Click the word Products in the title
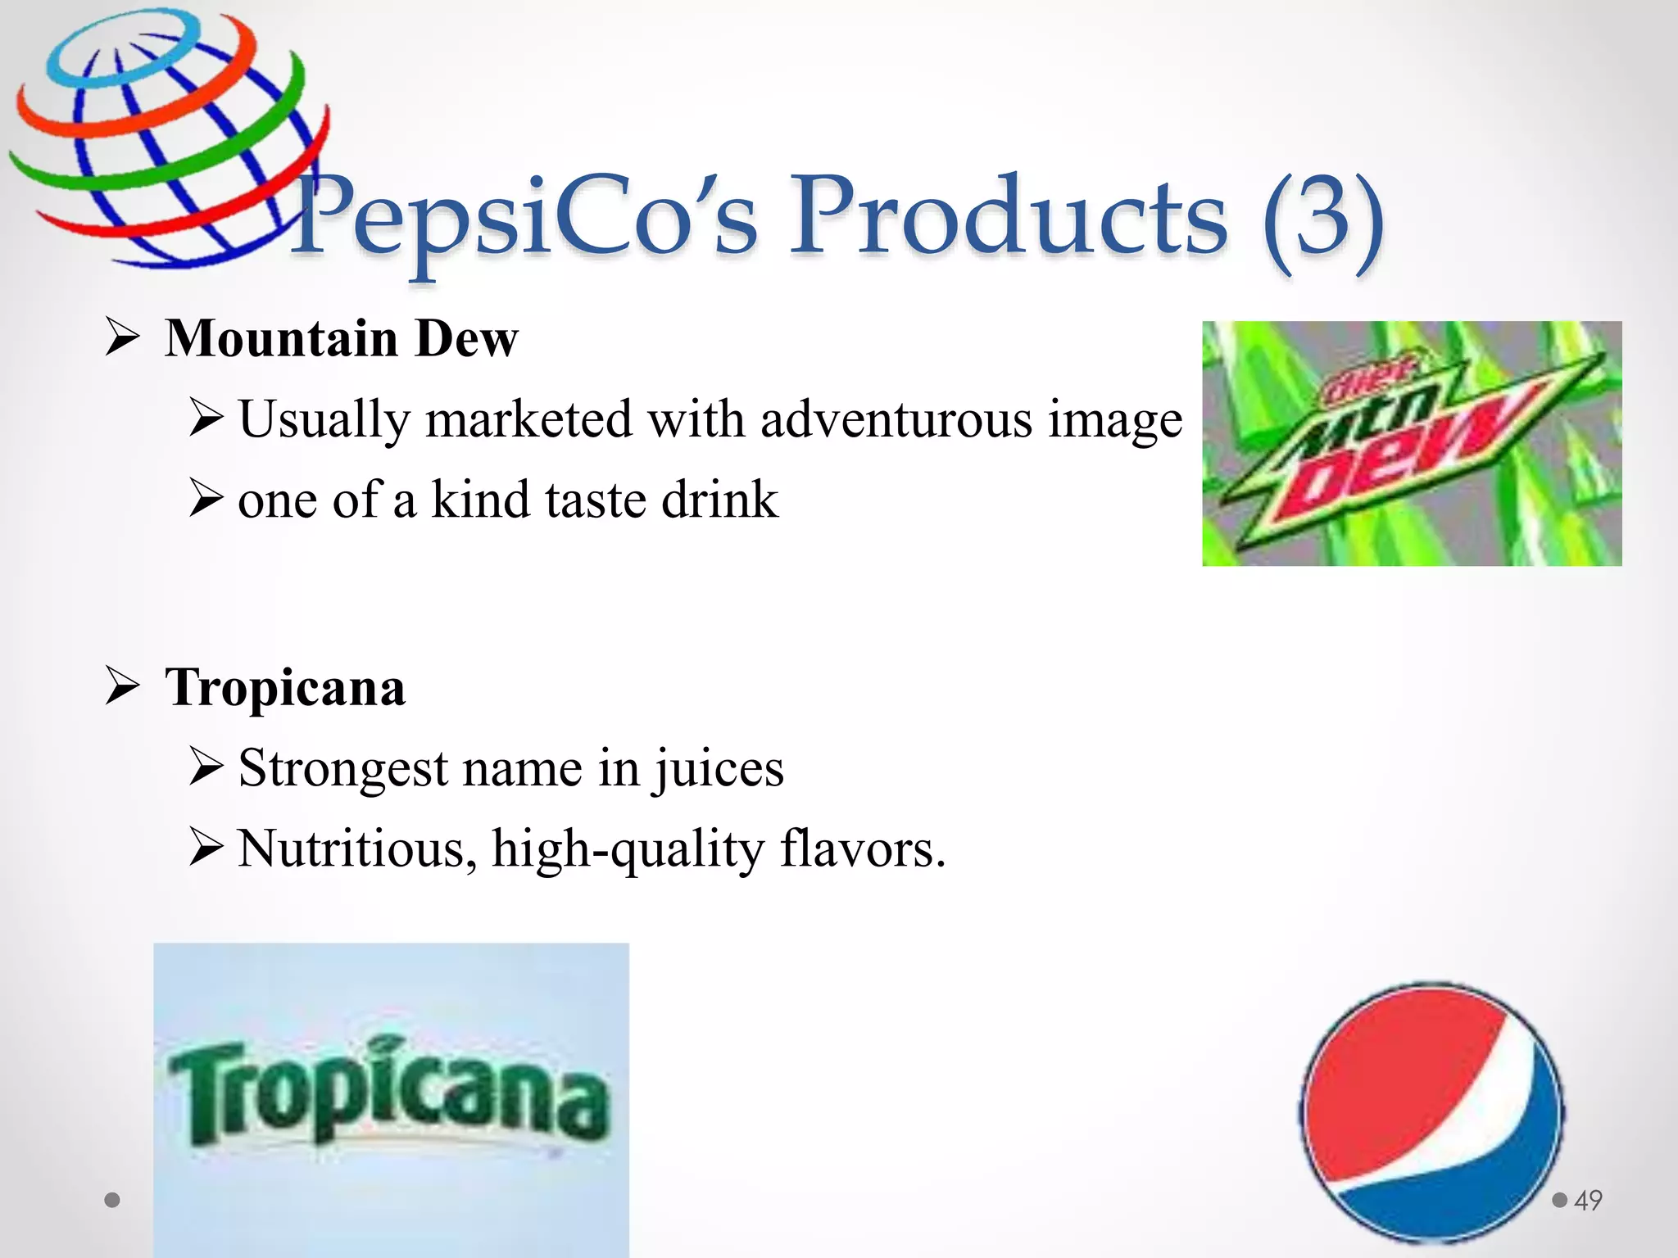pyautogui.click(x=1008, y=217)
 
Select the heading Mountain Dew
pyautogui.click(x=342, y=338)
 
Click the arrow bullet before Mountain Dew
pyautogui.click(x=123, y=338)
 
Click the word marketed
pyautogui.click(x=529, y=419)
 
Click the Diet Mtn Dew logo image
pyautogui.click(x=1411, y=443)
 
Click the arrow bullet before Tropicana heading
pyautogui.click(x=123, y=686)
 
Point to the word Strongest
pyautogui.click(x=344, y=768)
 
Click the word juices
pyautogui.click(x=718, y=768)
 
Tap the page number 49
pyautogui.click(x=1588, y=1201)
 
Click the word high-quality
pyautogui.click(x=628, y=848)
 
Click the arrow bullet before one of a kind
pyautogui.click(x=205, y=500)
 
